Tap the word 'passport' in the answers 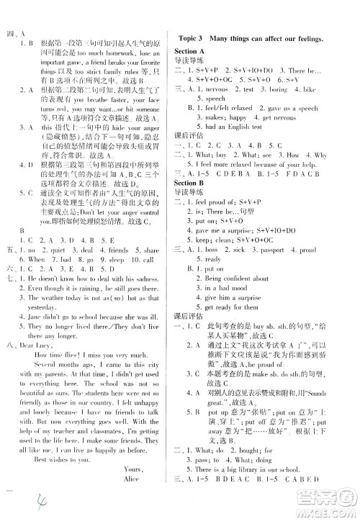click(279, 249)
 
